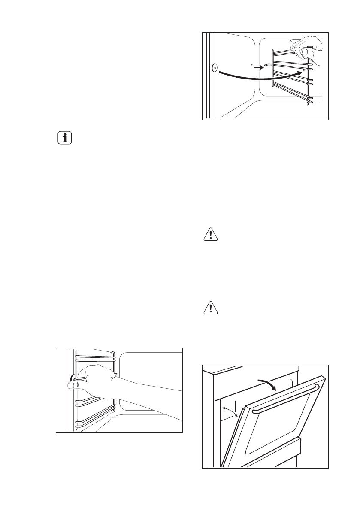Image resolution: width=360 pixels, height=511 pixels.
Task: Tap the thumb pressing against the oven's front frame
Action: point(72,386)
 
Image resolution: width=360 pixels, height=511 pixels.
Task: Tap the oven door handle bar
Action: point(285,399)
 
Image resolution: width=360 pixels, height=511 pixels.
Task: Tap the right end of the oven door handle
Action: point(317,388)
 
